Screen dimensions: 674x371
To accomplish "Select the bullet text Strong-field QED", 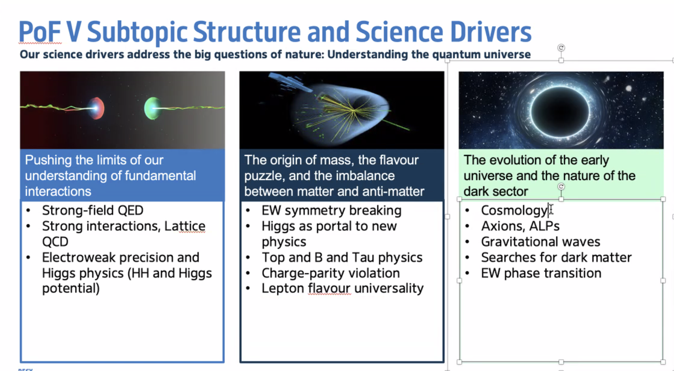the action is pyautogui.click(x=93, y=210).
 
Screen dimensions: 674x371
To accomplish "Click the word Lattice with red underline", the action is pyautogui.click(x=185, y=226).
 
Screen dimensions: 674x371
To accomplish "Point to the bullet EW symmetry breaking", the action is pyautogui.click(x=331, y=210).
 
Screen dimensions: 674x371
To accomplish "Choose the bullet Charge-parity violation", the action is pyautogui.click(x=330, y=273).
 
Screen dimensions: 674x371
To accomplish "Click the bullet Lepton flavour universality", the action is pyautogui.click(x=343, y=288).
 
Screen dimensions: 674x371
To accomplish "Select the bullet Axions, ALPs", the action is pyautogui.click(x=520, y=226).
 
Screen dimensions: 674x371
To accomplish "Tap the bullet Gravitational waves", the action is pyautogui.click(x=540, y=242).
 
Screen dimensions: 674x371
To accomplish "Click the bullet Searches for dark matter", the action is pyautogui.click(x=556, y=257).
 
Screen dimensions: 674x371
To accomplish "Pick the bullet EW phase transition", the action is pyautogui.click(x=541, y=273).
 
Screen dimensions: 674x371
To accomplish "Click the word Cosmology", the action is pyautogui.click(x=514, y=210).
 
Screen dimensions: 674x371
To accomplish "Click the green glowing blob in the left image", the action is pyautogui.click(x=152, y=108).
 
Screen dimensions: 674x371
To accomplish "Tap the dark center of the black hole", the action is pyautogui.click(x=560, y=112).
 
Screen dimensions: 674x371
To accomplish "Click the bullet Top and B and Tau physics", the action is pyautogui.click(x=342, y=257).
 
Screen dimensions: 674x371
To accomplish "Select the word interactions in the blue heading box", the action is pyautogui.click(x=58, y=191).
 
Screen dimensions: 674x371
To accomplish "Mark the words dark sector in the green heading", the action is pyautogui.click(x=495, y=191).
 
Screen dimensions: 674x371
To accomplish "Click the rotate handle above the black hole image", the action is pyautogui.click(x=561, y=47).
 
